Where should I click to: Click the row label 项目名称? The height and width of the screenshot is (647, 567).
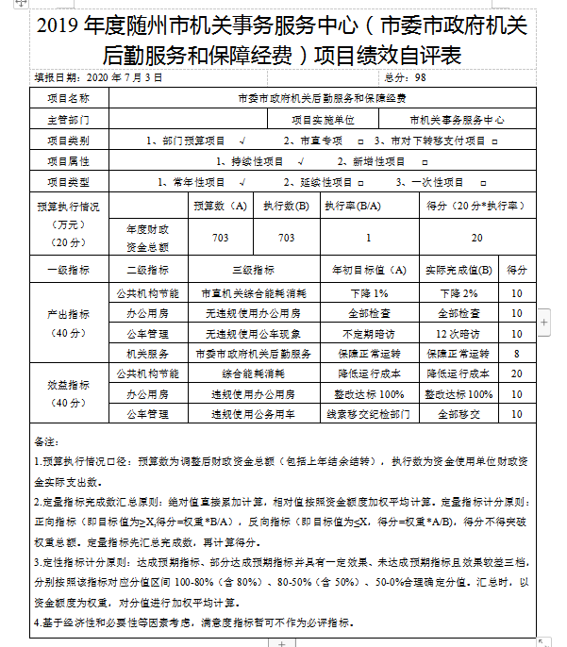68,97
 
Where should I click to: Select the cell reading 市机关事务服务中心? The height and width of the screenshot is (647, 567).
457,120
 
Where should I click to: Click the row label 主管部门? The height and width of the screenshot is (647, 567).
68,120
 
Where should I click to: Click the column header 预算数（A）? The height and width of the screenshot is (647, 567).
220,205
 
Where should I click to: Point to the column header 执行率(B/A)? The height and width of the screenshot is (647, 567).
352,205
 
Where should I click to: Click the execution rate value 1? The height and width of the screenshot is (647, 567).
368,238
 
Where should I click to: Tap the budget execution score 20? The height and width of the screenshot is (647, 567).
476,238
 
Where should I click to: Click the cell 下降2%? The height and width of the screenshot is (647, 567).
459,293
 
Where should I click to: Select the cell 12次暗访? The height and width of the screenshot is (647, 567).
459,333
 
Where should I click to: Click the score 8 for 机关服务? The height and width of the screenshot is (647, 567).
517,353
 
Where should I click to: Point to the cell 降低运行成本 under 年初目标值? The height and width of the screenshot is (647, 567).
369,373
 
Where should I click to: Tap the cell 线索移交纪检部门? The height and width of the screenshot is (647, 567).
369,414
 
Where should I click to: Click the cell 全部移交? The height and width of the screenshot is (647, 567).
459,414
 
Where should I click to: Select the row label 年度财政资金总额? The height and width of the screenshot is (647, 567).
147,238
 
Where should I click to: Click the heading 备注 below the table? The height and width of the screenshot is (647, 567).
44,440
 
